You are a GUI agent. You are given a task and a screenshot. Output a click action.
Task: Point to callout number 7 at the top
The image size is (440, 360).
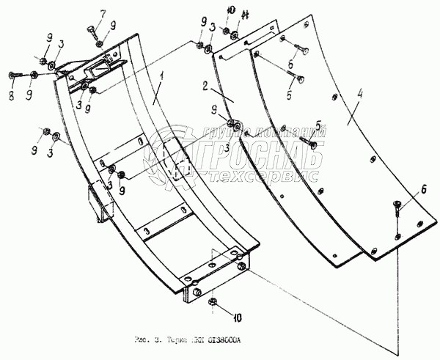point(103,14)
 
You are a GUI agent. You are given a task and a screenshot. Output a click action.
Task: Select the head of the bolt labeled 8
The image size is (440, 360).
point(12,75)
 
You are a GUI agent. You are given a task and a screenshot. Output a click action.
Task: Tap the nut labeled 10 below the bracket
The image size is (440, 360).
point(213,301)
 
